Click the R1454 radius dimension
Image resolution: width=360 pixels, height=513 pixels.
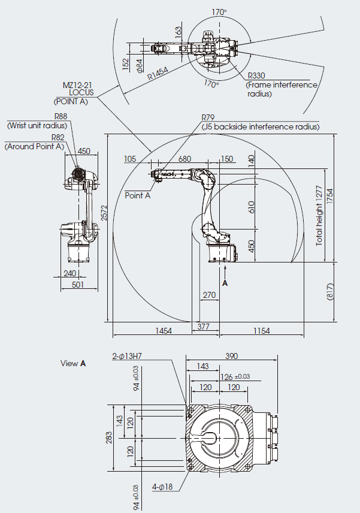pos(158,73)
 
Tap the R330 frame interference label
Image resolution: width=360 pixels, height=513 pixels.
pos(256,76)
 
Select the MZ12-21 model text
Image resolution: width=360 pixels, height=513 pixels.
pos(77,85)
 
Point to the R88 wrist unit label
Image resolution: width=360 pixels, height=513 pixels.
pos(61,116)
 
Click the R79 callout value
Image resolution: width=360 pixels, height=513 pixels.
pos(208,117)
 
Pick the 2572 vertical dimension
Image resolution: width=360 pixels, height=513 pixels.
pos(104,213)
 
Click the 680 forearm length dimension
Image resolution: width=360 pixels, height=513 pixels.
pos(184,159)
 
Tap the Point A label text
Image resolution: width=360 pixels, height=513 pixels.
pos(138,195)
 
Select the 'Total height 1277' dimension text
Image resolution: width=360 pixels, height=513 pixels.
pos(319,216)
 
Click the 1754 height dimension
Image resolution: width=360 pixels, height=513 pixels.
pos(329,197)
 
